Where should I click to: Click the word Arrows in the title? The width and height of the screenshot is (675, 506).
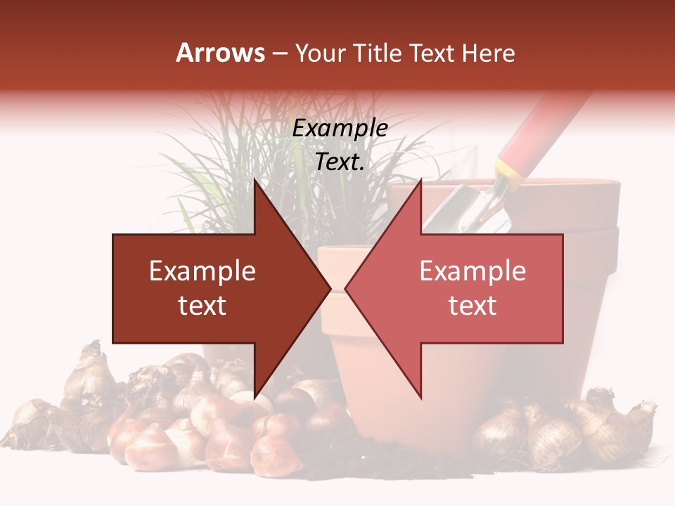click(x=220, y=53)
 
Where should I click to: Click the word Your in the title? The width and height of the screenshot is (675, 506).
click(x=321, y=53)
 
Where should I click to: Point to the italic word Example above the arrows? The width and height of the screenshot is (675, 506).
click(x=340, y=129)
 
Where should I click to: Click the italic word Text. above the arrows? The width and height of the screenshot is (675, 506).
click(x=340, y=162)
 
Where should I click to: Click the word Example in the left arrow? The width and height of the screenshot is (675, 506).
click(x=202, y=271)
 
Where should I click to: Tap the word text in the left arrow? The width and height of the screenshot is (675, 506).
click(x=202, y=306)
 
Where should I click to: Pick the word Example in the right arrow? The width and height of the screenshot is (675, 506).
click(x=472, y=271)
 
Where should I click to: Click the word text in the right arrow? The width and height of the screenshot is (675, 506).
click(x=472, y=306)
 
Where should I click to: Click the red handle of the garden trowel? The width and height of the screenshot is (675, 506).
click(x=541, y=126)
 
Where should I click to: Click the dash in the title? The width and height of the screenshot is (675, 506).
click(x=280, y=54)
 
